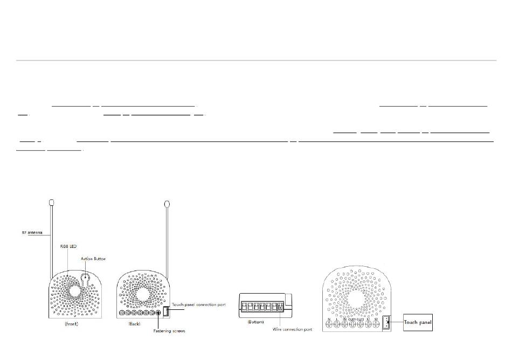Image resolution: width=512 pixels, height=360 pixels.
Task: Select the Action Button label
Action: [x=93, y=259]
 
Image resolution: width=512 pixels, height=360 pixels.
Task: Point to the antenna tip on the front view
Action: [x=52, y=203]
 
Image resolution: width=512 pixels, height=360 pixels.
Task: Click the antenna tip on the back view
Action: [x=167, y=205]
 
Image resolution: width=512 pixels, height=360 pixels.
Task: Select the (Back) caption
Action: [x=135, y=324]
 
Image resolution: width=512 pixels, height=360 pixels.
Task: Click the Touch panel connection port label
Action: [x=198, y=305]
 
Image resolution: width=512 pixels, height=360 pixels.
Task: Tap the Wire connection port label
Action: [x=293, y=329]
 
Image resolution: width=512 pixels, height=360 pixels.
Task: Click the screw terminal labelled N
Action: [x=329, y=325]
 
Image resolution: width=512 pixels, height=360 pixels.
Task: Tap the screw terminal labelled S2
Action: [x=376, y=325]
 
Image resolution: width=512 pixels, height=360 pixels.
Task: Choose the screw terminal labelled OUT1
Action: [x=352, y=325]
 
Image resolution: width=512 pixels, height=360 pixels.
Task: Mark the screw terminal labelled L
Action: [x=337, y=325]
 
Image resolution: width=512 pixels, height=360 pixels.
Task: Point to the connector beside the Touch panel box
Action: [x=387, y=323]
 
